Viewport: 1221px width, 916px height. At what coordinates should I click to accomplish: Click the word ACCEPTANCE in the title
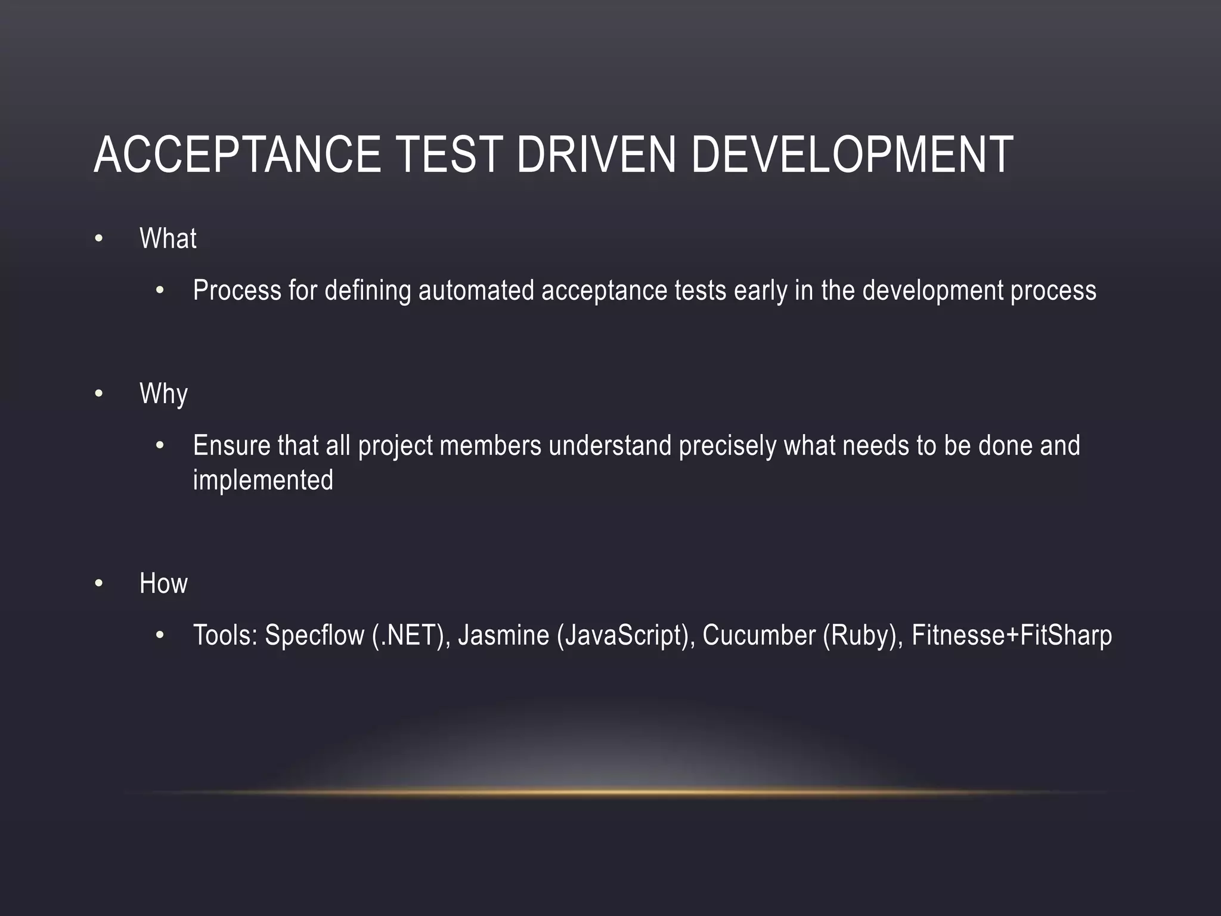click(237, 155)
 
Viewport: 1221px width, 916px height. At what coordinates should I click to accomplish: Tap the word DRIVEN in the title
click(596, 155)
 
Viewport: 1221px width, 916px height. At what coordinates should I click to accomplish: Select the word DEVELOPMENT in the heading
click(852, 155)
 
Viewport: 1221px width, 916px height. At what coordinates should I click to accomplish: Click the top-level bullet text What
click(168, 239)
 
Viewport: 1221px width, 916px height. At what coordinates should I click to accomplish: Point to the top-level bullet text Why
click(163, 394)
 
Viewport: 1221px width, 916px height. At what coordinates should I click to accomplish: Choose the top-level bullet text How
click(163, 583)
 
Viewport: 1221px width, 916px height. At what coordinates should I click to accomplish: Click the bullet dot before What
click(99, 240)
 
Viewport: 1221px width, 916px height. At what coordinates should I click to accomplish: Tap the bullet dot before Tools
click(159, 636)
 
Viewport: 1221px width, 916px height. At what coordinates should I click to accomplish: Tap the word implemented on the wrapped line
click(263, 481)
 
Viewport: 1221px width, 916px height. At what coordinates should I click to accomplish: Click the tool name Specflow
click(314, 636)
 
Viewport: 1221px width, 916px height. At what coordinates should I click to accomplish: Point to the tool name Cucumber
click(758, 636)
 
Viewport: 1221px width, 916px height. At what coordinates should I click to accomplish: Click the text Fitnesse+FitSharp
click(1011, 636)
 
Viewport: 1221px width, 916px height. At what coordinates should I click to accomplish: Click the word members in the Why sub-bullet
click(490, 446)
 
